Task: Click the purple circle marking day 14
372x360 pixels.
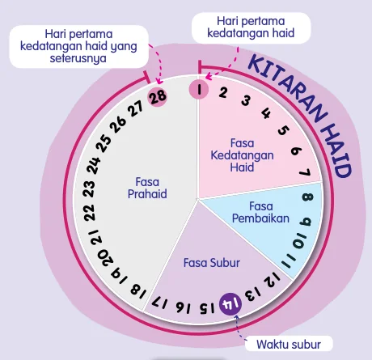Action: pyautogui.click(x=230, y=303)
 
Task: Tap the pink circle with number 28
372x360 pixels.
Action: pyautogui.click(x=158, y=96)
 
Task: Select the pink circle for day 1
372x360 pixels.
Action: pyautogui.click(x=199, y=90)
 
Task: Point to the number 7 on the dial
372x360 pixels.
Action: pyautogui.click(x=306, y=172)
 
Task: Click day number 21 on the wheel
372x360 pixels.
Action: pyautogui.click(x=96, y=238)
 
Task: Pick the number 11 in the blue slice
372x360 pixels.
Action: pyautogui.click(x=289, y=260)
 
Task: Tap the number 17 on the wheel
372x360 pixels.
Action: pyautogui.click(x=160, y=303)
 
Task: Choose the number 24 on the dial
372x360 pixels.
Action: pyautogui.click(x=94, y=165)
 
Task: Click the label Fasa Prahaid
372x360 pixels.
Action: pyautogui.click(x=147, y=188)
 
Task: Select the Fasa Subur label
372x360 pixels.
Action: pyautogui.click(x=212, y=263)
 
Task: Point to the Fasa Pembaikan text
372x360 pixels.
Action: pyautogui.click(x=260, y=213)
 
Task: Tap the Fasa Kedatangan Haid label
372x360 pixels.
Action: pyautogui.click(x=242, y=155)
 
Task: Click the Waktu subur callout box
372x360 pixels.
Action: pyautogui.click(x=289, y=344)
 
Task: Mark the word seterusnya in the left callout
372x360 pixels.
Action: pyautogui.click(x=78, y=58)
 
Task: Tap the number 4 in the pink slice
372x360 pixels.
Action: pyautogui.click(x=266, y=114)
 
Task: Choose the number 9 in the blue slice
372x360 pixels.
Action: pyautogui.click(x=306, y=222)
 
